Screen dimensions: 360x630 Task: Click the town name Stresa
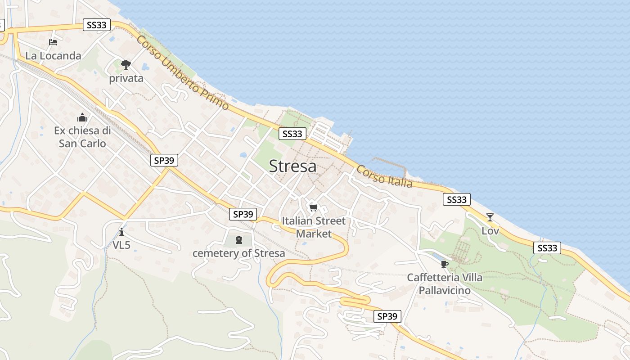(x=292, y=166)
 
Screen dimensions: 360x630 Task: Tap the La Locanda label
(x=53, y=56)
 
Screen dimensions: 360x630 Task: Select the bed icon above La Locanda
(x=53, y=42)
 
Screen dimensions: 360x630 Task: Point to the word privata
(x=126, y=78)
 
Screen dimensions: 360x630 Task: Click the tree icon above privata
(x=126, y=65)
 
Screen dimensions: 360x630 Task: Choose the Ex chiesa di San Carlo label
(x=82, y=137)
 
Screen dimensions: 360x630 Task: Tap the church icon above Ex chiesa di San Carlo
(x=82, y=118)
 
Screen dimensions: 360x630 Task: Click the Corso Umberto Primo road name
(x=183, y=73)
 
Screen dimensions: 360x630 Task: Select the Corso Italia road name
(x=384, y=176)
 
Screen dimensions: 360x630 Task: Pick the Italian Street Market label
(x=314, y=227)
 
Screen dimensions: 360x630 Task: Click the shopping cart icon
(x=314, y=207)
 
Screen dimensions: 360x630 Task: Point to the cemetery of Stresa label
(x=238, y=253)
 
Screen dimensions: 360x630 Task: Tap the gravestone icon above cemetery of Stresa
(x=238, y=240)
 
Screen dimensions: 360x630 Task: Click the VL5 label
(x=121, y=245)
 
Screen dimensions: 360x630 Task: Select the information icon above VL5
(x=121, y=232)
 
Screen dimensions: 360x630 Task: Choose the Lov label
(x=490, y=231)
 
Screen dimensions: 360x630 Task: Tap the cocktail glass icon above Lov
(x=490, y=217)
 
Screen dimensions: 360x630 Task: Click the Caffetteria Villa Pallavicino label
(x=445, y=284)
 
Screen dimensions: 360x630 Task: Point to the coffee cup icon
(x=445, y=264)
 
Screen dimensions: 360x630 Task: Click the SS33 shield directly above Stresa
(x=292, y=134)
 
